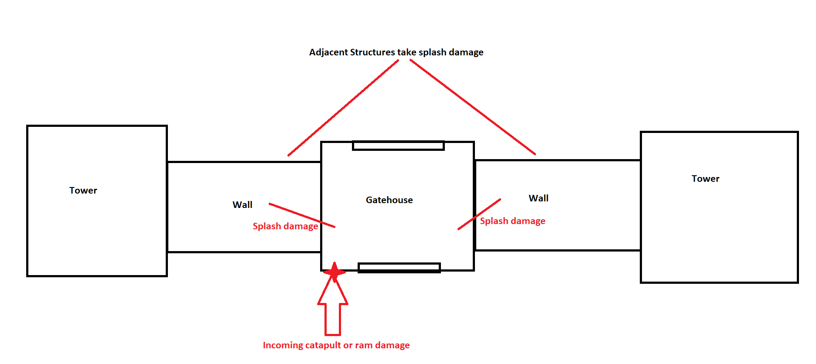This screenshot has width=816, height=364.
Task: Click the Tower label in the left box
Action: [x=83, y=191]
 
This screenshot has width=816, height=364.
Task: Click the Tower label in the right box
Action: [x=705, y=179]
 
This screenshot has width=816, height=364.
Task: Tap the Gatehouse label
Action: [x=389, y=200]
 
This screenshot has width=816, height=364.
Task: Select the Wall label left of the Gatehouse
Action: [x=242, y=205]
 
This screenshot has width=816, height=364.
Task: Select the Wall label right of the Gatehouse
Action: [x=538, y=198]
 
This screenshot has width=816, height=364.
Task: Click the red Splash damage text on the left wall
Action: [x=285, y=226]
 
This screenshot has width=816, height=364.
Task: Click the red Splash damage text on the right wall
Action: [x=512, y=221]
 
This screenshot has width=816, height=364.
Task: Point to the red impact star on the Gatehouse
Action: [x=335, y=272]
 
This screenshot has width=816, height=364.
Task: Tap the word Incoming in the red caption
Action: [x=283, y=345]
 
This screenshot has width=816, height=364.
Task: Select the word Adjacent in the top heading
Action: [x=328, y=52]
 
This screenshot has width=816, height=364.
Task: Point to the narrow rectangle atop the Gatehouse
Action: [x=398, y=146]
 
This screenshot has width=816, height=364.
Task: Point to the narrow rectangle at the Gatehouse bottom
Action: [x=399, y=267]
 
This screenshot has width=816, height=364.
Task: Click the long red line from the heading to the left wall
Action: [x=343, y=108]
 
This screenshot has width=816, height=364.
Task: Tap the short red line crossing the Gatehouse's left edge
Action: [x=302, y=215]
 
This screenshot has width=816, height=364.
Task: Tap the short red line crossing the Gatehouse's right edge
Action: [x=479, y=214]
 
